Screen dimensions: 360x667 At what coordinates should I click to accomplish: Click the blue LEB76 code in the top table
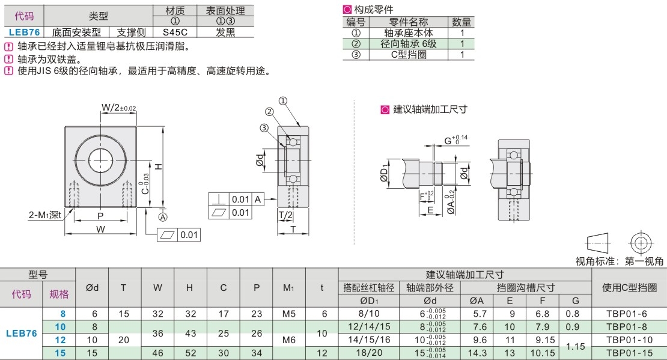point(23,32)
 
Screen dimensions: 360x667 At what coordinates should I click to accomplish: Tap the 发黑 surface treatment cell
point(225,32)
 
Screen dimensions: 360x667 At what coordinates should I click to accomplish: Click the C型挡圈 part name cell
point(408,54)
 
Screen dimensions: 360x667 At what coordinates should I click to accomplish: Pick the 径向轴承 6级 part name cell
point(408,43)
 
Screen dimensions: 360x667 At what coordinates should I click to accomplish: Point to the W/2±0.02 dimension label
point(118,108)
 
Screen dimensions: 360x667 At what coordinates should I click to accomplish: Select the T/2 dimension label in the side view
point(285,215)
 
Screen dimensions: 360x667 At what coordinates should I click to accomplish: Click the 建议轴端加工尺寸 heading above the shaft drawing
point(430,109)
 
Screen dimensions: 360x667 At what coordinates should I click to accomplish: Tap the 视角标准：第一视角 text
point(620,261)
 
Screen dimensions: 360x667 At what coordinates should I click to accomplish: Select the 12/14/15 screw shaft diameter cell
point(368,327)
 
